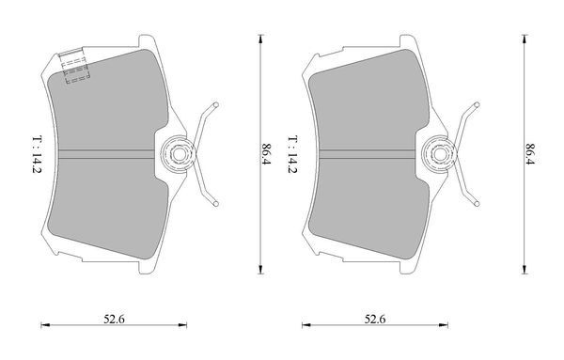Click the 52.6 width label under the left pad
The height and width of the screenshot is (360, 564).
[114, 319]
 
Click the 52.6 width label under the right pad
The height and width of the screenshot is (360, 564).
[375, 319]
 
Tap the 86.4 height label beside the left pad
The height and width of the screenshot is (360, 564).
[267, 154]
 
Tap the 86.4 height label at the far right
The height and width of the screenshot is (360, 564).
[530, 154]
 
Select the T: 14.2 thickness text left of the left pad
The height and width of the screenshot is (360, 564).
[37, 154]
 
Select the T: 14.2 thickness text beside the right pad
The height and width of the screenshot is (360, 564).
[292, 154]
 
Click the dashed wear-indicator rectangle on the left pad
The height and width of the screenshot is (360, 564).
[75, 69]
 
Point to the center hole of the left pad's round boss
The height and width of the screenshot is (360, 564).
[178, 154]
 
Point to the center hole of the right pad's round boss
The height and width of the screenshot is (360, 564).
[439, 154]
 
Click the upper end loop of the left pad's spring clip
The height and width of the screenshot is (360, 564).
[216, 105]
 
